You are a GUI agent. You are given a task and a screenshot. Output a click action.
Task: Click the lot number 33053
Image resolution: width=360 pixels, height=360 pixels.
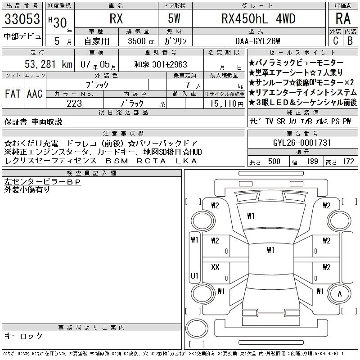pos(22,19)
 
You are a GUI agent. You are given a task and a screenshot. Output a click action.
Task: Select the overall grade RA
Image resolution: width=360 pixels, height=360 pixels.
pos(343,18)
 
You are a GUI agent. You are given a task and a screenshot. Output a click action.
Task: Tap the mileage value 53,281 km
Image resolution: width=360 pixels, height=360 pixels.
pos(49,64)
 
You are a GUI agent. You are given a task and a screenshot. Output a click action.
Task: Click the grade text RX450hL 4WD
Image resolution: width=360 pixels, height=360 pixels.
pos(258,19)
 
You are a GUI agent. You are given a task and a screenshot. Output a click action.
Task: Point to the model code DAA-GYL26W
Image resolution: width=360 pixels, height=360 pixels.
pos(257,41)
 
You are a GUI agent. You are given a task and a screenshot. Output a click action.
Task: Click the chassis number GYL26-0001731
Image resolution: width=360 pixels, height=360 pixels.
pos(302,143)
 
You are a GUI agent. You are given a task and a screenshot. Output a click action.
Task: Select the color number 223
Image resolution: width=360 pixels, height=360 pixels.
pos(74,103)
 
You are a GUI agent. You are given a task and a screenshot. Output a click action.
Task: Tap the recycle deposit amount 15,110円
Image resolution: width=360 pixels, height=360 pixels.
pos(227,104)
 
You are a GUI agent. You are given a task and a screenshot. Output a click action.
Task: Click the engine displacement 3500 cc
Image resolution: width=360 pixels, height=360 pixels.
pos(141,41)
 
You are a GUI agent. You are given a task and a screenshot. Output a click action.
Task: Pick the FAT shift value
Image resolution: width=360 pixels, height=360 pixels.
pos(13,94)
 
